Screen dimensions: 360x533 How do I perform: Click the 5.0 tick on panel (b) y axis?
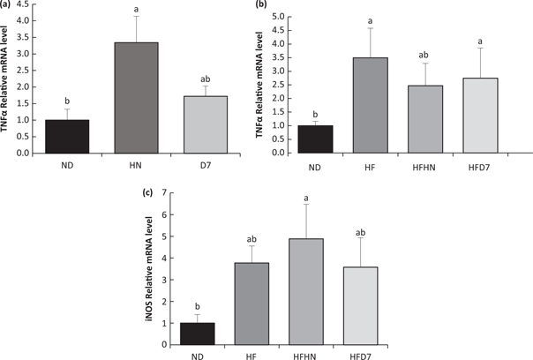[x=300, y=17]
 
